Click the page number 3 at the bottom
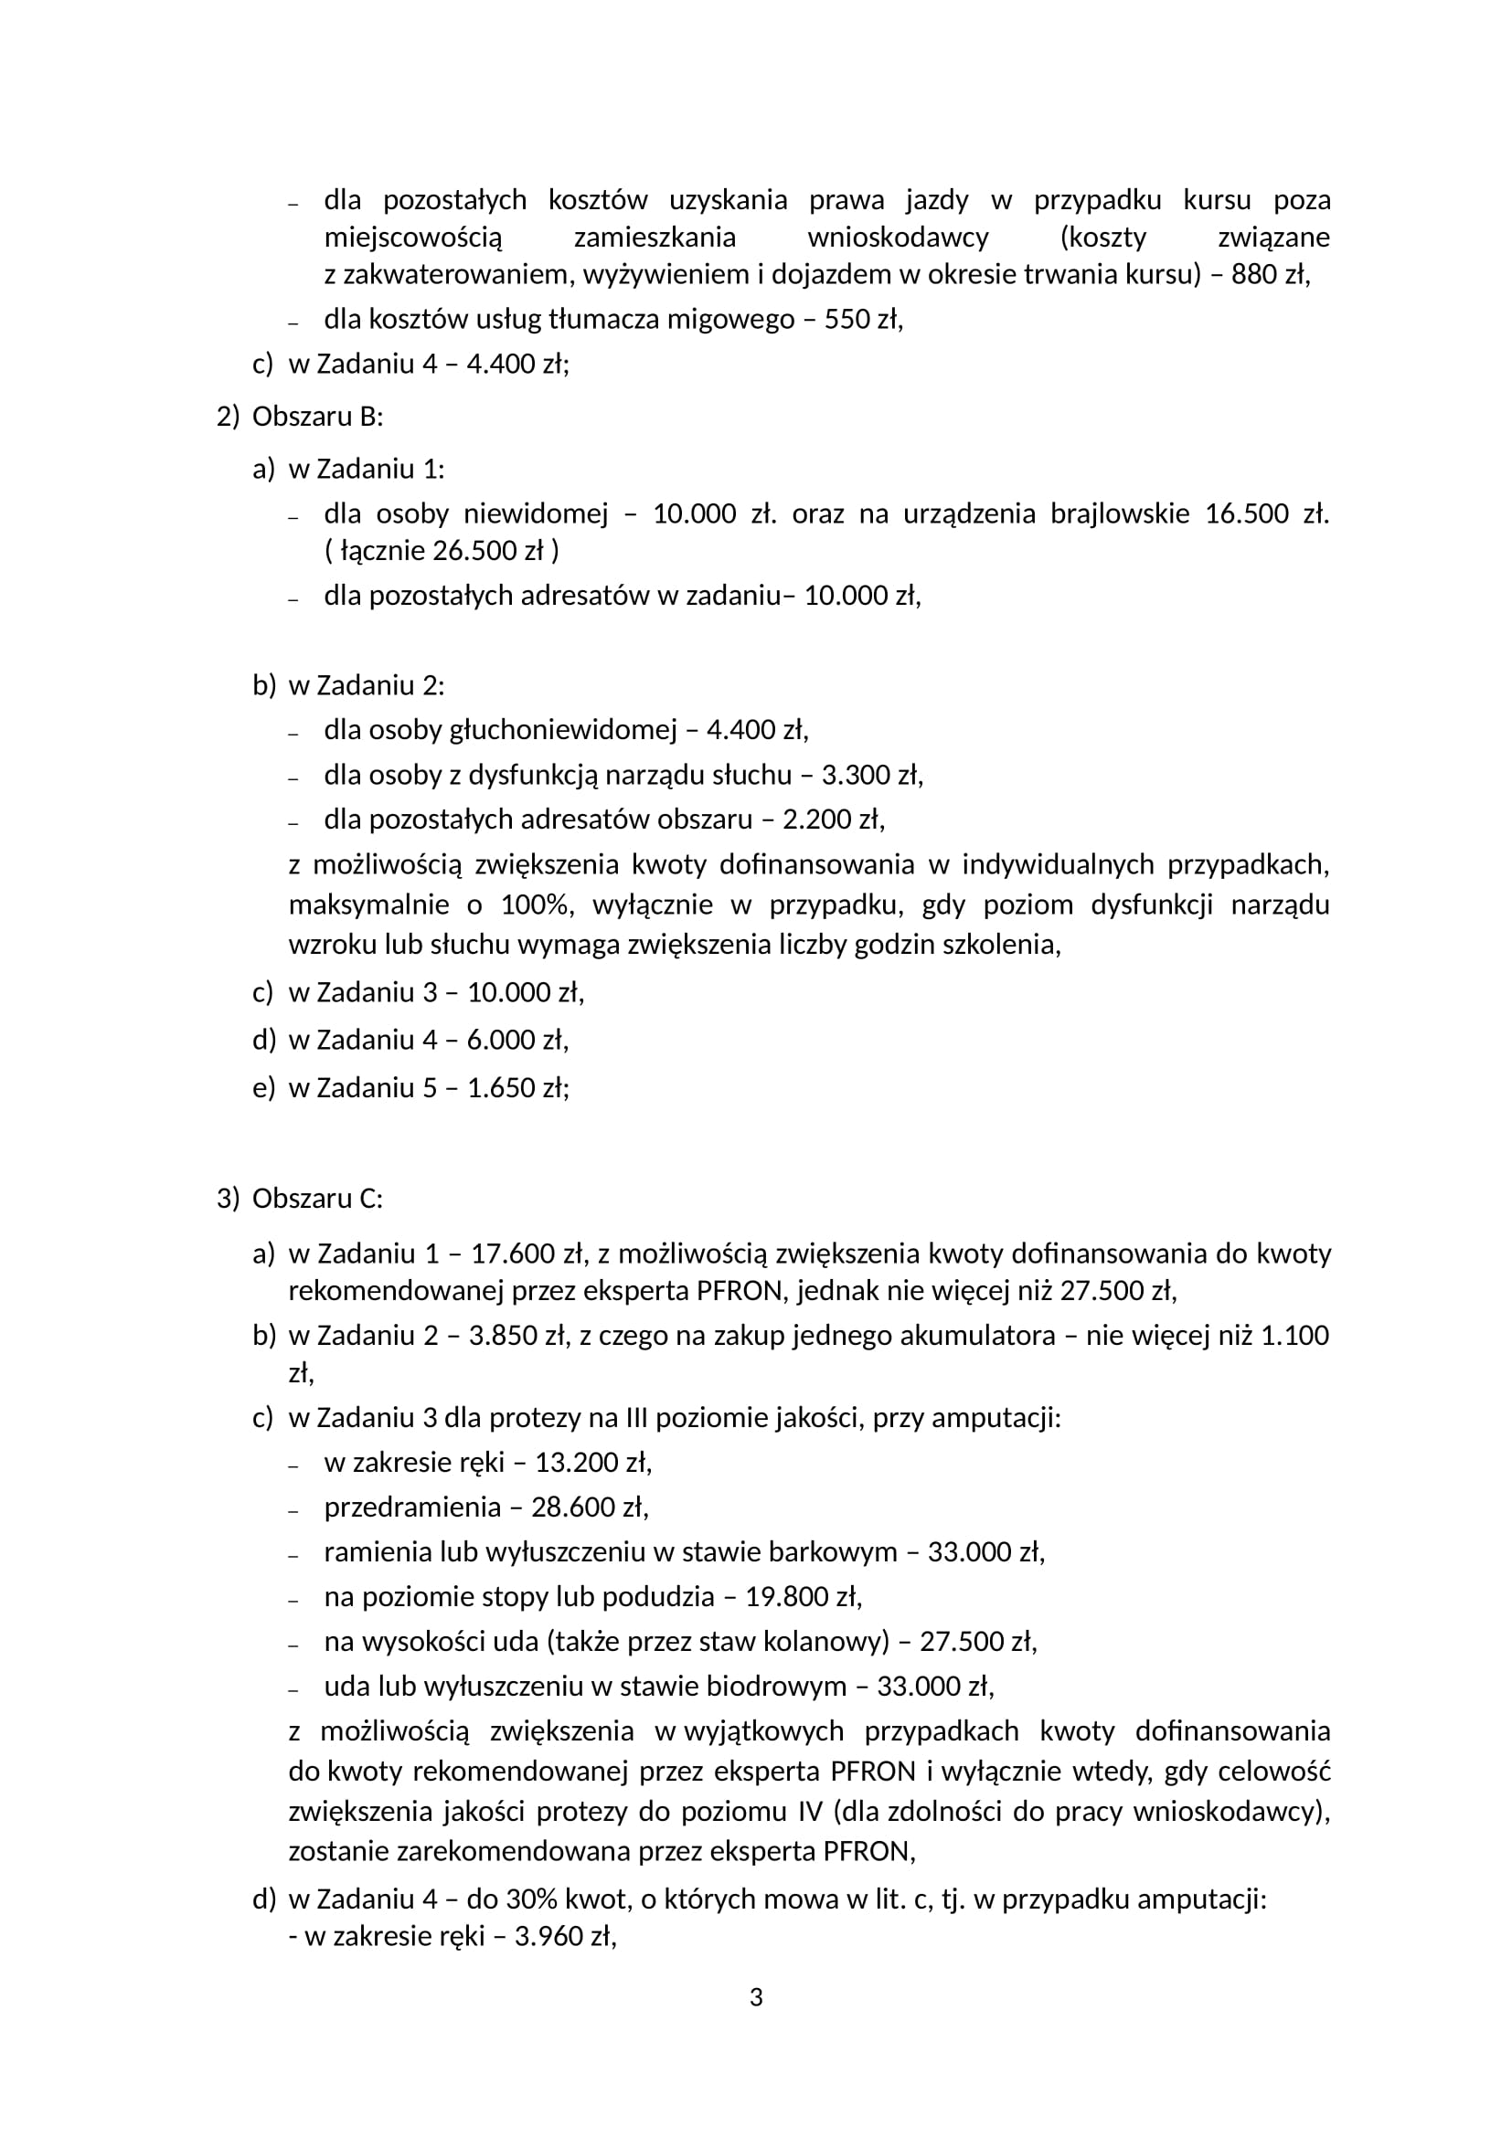coord(756,1997)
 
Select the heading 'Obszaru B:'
coord(316,417)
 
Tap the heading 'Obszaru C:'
coord(316,1199)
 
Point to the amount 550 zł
coord(862,320)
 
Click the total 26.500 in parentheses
coord(475,551)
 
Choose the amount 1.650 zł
coord(516,1087)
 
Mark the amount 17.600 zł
coord(527,1254)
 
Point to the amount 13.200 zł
coord(592,1462)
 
